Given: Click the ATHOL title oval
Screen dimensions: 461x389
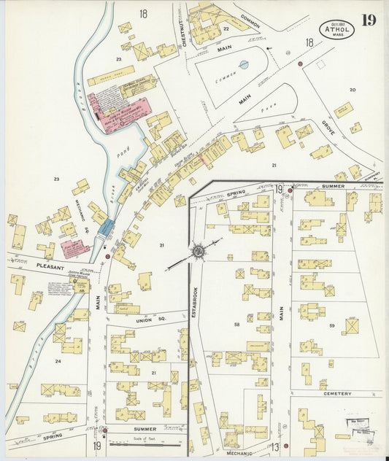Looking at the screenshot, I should tap(336, 30).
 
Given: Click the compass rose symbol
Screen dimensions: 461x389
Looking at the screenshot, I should tap(197, 252).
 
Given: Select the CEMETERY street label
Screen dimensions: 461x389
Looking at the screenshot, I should tap(336, 394).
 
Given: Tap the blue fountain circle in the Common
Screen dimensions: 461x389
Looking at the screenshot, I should tap(244, 64).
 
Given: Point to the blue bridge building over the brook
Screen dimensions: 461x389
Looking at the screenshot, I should tap(107, 227).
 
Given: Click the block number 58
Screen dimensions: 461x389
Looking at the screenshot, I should tap(236, 323).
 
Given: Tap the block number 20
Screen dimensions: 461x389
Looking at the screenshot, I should tap(352, 90).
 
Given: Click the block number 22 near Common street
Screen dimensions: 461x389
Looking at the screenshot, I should tap(226, 28).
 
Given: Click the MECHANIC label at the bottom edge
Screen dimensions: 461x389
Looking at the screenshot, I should tap(240, 453).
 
